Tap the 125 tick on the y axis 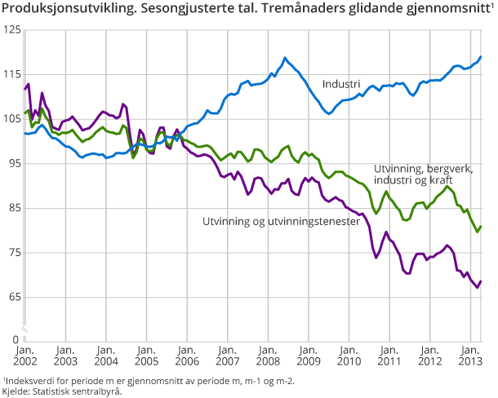[11, 30]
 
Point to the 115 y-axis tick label [11, 75]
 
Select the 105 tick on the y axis [11, 119]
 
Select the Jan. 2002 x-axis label [25, 355]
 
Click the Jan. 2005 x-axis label [145, 355]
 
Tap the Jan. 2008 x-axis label [267, 355]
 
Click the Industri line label [341, 84]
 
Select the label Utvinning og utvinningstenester [281, 221]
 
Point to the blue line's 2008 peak [285, 58]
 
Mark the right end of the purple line [481, 281]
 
